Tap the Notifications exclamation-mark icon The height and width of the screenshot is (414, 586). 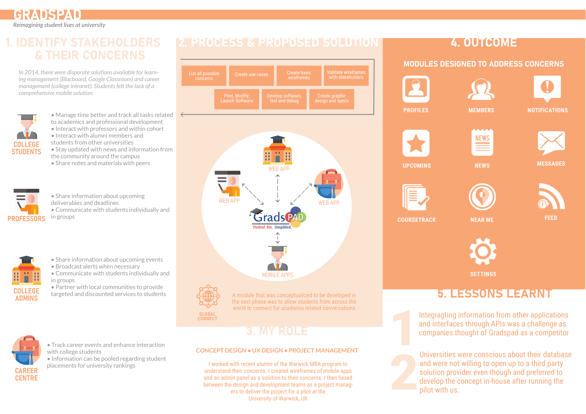click(547, 88)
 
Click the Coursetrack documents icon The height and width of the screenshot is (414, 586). click(415, 197)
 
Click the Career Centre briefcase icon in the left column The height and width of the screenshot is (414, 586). click(27, 350)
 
